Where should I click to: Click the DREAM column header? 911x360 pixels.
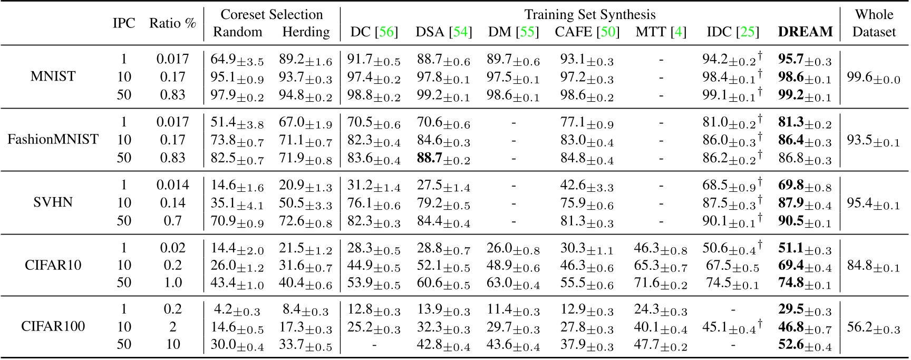(805, 32)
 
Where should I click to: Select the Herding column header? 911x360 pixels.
(306, 32)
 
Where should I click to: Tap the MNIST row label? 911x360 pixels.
(53, 77)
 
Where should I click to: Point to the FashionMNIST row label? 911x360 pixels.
(53, 140)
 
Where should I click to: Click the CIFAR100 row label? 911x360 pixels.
(53, 326)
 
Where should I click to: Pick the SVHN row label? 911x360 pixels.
(53, 203)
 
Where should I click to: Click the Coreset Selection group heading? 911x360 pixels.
(272, 14)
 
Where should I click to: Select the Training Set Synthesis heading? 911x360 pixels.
(590, 14)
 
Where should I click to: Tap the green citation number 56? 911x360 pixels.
(386, 32)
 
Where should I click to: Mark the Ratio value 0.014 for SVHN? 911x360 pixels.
(172, 185)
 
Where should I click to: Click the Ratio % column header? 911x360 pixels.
(172, 24)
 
